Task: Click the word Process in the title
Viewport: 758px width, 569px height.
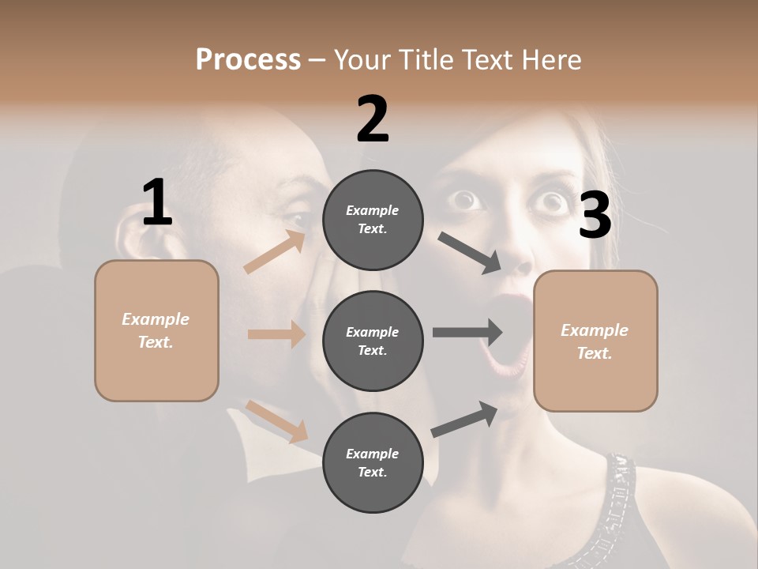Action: coord(248,60)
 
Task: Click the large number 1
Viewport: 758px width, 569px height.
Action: coord(157,203)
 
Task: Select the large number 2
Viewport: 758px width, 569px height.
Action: coord(373,119)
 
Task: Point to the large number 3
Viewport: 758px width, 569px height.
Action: coord(595,216)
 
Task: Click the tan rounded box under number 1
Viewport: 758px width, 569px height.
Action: coord(156,330)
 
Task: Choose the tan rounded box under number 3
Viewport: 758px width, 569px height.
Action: coord(595,341)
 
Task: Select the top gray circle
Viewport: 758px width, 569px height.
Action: coord(373,220)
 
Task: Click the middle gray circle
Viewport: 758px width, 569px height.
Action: coord(373,341)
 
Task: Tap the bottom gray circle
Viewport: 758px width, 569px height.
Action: coord(373,463)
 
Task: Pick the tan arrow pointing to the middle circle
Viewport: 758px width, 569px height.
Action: coord(276,334)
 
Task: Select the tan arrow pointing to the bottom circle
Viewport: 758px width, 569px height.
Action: coord(277,421)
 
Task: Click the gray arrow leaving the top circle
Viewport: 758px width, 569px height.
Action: coord(470,253)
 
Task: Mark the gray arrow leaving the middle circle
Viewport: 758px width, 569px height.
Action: coord(467,332)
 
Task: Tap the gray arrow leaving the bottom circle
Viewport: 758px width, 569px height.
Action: coord(464,419)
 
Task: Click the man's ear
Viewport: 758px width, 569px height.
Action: coord(130,237)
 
